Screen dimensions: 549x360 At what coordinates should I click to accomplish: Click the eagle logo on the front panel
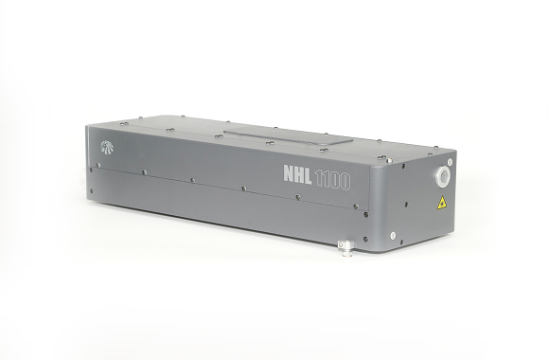[x=106, y=148]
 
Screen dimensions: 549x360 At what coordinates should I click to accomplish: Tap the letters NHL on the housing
[x=297, y=174]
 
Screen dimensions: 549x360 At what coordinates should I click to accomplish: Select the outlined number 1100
[x=332, y=181]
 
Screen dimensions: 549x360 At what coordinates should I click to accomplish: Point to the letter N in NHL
[x=288, y=172]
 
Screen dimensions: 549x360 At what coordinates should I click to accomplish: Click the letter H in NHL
[x=298, y=174]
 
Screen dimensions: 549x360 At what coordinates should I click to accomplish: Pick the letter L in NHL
[x=308, y=175]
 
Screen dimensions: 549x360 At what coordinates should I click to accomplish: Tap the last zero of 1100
[x=345, y=182]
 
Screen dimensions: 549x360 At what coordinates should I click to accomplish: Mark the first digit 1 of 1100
[x=317, y=178]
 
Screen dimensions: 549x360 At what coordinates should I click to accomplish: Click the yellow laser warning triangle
[x=442, y=203]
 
